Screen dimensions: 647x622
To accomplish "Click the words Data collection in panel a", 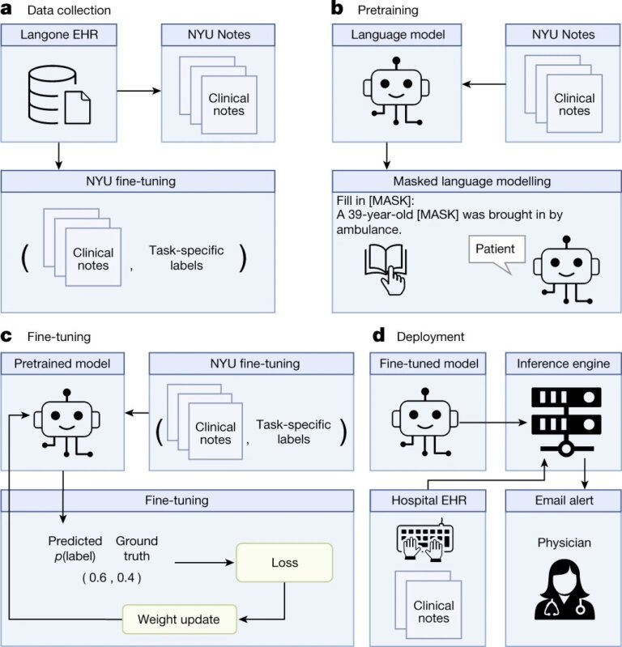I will point(69,10).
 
